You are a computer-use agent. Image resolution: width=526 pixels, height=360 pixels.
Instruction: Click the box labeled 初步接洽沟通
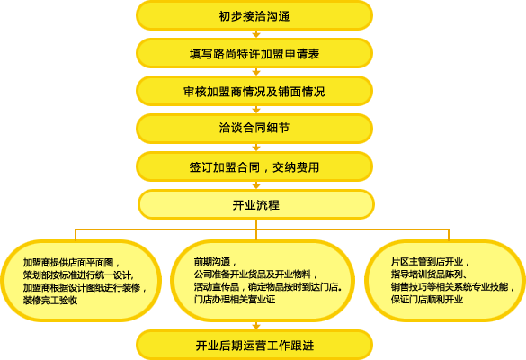(254, 15)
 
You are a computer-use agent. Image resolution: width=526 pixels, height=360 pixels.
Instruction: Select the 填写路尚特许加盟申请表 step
(254, 53)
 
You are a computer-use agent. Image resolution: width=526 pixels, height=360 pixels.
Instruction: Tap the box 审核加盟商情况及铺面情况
(254, 91)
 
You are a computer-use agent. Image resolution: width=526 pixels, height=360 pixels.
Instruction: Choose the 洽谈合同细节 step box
(254, 129)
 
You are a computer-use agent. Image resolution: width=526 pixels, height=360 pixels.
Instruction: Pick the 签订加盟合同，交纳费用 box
(254, 166)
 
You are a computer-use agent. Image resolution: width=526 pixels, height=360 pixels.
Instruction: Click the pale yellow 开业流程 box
(256, 204)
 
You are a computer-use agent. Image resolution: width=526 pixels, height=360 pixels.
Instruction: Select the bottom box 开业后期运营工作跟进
(254, 345)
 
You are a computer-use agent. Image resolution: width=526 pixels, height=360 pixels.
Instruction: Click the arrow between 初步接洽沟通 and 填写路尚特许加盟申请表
(256, 34)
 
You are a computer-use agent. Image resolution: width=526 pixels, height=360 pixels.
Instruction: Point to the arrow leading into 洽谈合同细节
(256, 110)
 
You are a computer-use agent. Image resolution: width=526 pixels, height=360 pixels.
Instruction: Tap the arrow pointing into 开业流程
(256, 185)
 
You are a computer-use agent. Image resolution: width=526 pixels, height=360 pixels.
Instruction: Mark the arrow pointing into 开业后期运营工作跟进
(256, 326)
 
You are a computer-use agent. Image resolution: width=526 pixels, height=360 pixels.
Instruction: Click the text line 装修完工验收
(50, 301)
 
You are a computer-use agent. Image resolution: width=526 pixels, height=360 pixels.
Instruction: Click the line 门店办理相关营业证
(235, 299)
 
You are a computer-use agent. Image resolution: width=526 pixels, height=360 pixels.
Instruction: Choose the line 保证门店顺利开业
(427, 299)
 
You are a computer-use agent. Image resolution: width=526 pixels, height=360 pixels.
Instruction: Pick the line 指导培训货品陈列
(427, 274)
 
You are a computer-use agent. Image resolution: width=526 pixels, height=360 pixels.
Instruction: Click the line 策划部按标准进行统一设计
(78, 275)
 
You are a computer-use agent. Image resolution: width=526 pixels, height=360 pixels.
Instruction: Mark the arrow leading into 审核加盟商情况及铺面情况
(256, 72)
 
